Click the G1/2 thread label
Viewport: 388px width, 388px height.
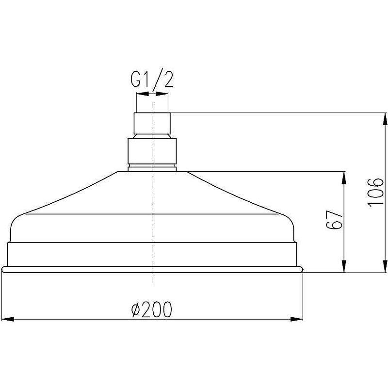(x=152, y=80)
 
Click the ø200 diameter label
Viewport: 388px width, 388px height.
(x=151, y=309)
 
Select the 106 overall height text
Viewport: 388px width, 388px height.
(x=375, y=192)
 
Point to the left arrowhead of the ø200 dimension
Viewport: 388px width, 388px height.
(x=8, y=319)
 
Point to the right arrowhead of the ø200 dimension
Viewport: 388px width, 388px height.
(x=297, y=319)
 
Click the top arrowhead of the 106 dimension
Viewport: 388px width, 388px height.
(x=385, y=119)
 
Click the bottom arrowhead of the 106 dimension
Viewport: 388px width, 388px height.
(x=385, y=266)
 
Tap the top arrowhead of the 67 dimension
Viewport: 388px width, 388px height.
(x=344, y=178)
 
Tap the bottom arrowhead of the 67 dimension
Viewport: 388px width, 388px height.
(x=344, y=266)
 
